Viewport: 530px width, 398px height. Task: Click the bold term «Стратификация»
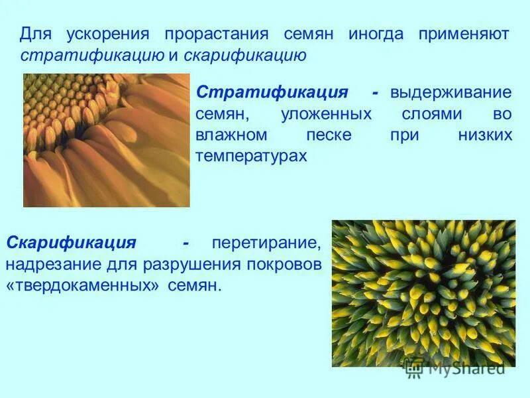point(273,92)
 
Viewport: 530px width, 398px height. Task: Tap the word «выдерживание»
point(451,92)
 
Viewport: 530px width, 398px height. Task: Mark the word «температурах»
point(252,157)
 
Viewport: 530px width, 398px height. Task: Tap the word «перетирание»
point(266,243)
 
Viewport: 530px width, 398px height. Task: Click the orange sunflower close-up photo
point(106,140)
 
